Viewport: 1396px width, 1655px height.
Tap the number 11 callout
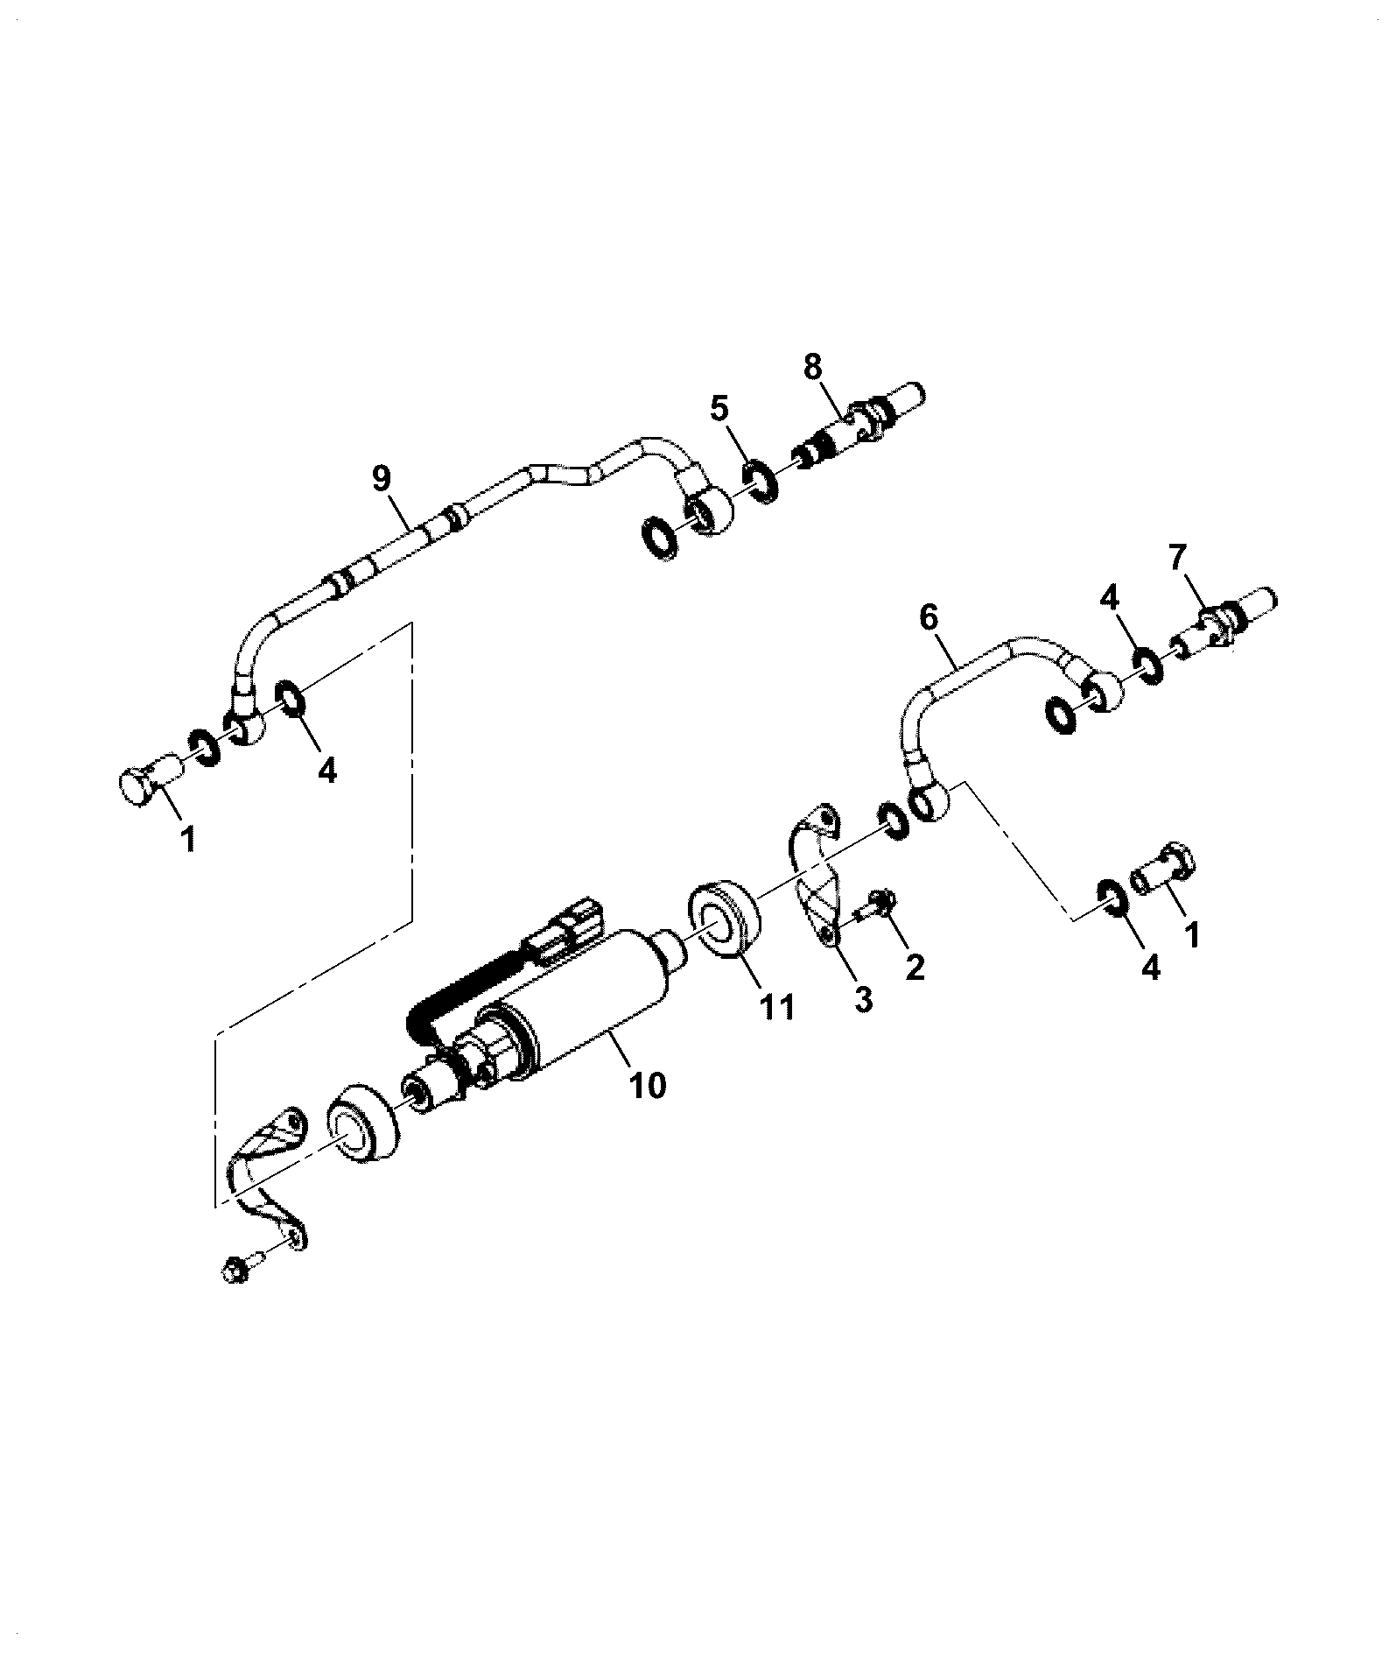pyautogui.click(x=777, y=1007)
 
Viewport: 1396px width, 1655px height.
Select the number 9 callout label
pyautogui.click(x=381, y=479)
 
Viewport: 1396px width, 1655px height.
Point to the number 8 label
pyautogui.click(x=813, y=367)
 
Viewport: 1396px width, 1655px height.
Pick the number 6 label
pyautogui.click(x=928, y=617)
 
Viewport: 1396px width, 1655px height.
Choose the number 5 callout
pyautogui.click(x=719, y=408)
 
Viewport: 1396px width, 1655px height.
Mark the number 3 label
pyautogui.click(x=863, y=999)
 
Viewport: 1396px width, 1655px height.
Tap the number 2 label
pyautogui.click(x=915, y=967)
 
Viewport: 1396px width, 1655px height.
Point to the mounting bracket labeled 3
pyautogui.click(x=816, y=876)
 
